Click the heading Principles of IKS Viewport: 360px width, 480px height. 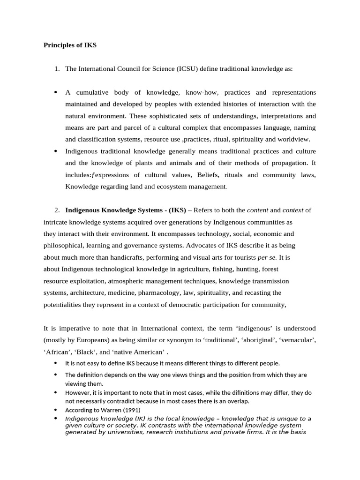[x=70, y=45]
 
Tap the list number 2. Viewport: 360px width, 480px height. [x=57, y=210]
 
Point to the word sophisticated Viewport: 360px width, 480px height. [x=180, y=116]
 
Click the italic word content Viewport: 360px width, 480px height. [x=257, y=210]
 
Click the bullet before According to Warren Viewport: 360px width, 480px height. [x=56, y=410]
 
